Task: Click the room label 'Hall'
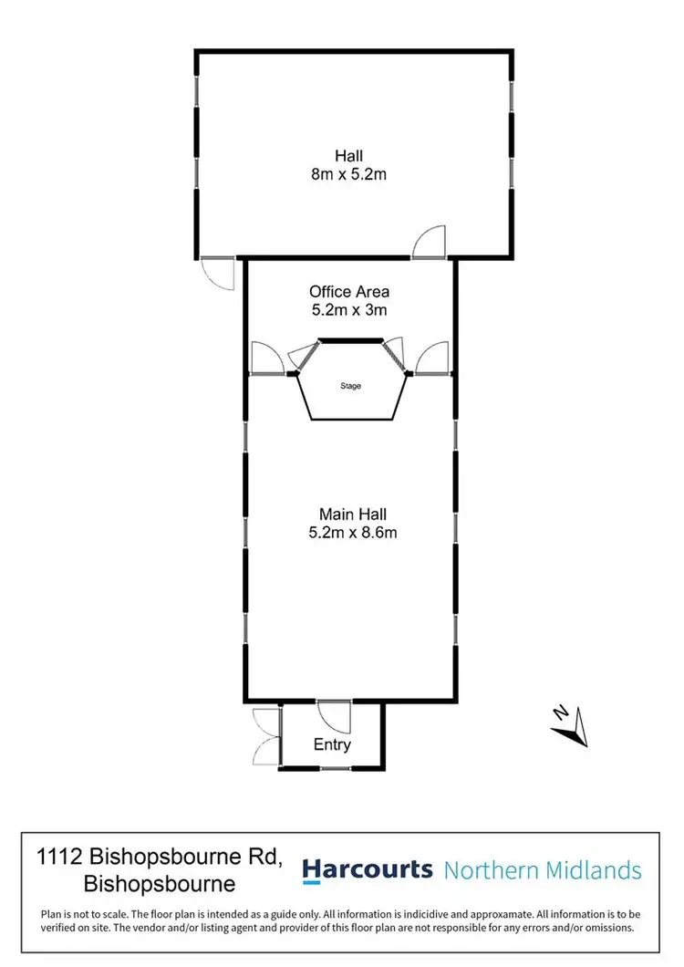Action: [x=349, y=156]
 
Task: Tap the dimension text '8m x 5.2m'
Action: [x=349, y=174]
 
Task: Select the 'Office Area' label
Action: [x=349, y=292]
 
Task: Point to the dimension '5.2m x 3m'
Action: [x=349, y=310]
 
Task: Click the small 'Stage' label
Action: [x=350, y=386]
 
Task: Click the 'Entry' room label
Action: [x=332, y=744]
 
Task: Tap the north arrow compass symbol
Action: [x=571, y=726]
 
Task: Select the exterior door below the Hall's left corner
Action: [x=220, y=273]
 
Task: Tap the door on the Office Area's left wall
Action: [x=265, y=359]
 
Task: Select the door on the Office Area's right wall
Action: [x=431, y=359]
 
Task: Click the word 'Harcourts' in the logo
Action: [x=368, y=869]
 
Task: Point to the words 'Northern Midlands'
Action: [x=543, y=870]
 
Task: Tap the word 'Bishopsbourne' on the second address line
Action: [x=160, y=884]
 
